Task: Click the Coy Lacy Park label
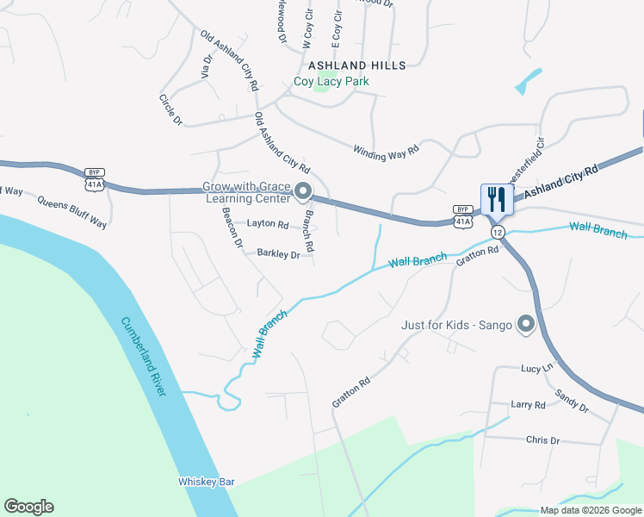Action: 331,82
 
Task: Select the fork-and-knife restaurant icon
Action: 497,199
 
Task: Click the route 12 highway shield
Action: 498,233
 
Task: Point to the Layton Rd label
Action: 268,224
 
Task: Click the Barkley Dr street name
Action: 278,254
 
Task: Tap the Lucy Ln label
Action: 536,368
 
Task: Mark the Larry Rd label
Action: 528,404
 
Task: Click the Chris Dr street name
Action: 542,440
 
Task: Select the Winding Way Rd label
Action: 386,150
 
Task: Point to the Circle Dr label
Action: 170,109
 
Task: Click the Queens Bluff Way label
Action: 71,211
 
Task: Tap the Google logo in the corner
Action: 28,507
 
